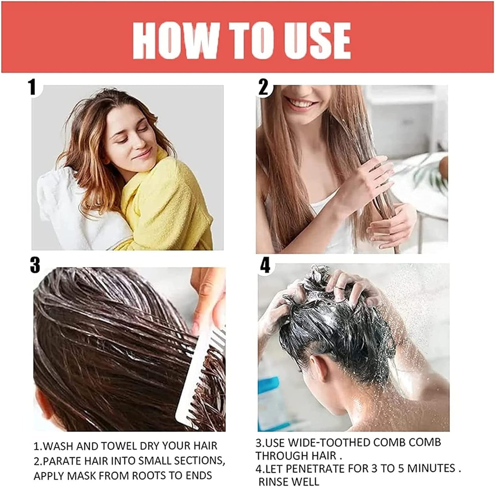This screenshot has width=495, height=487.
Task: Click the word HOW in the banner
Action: point(175,40)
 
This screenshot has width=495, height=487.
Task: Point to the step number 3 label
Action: point(35,265)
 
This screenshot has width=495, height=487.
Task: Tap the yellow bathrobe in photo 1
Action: point(164,202)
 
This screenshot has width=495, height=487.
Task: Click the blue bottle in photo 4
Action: point(270,403)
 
